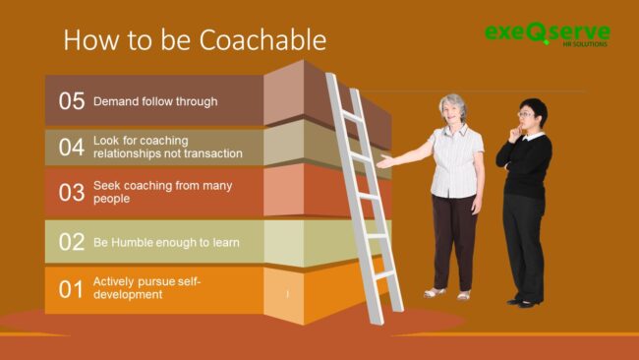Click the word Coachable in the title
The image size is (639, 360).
click(x=262, y=40)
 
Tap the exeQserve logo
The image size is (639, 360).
click(x=547, y=32)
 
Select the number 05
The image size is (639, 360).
click(x=71, y=101)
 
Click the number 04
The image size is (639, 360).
click(x=71, y=147)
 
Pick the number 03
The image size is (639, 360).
click(x=71, y=192)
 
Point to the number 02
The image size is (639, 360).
click(x=71, y=242)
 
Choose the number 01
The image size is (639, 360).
click(x=71, y=289)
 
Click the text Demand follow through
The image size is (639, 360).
click(x=155, y=101)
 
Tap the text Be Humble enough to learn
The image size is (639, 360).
click(x=166, y=242)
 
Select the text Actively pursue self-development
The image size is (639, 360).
click(x=147, y=288)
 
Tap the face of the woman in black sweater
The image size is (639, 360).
click(x=526, y=115)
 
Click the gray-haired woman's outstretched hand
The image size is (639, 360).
click(x=384, y=162)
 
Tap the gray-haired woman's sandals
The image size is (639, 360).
click(x=447, y=293)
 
